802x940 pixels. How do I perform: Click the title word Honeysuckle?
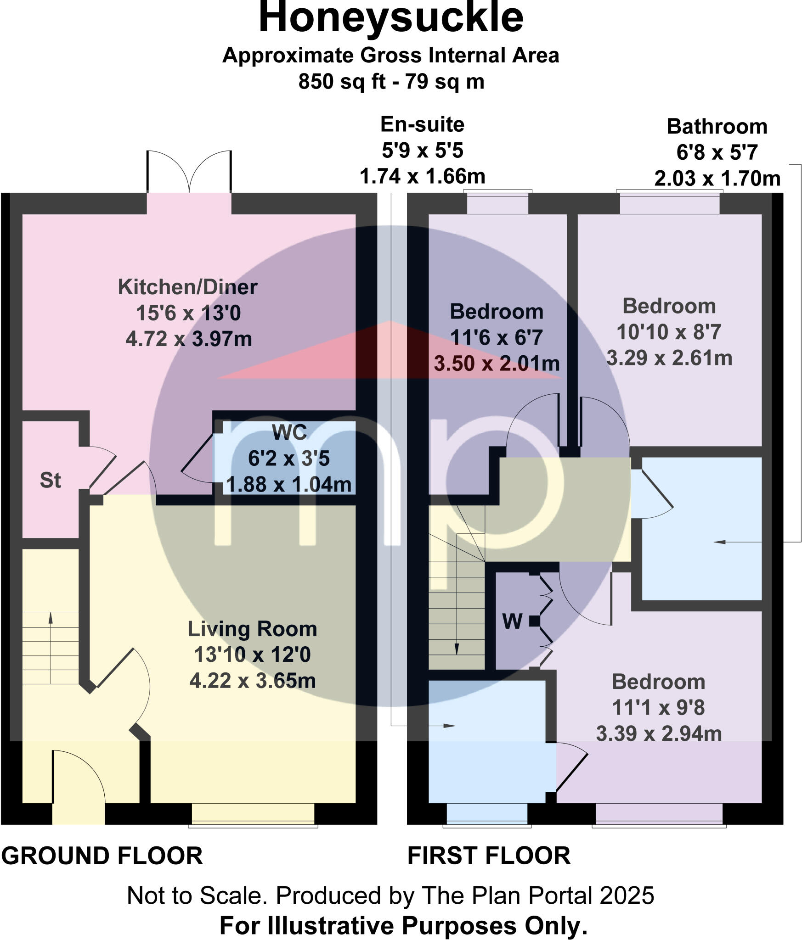[391, 18]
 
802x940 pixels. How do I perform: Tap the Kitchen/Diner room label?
[187, 287]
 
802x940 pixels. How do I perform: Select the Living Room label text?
[252, 629]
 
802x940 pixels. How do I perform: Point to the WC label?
[289, 432]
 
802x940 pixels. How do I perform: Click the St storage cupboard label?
[50, 481]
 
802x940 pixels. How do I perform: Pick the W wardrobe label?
[512, 622]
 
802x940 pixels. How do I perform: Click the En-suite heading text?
[422, 125]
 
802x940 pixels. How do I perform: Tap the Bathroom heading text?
[717, 127]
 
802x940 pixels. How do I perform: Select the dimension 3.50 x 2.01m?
[497, 364]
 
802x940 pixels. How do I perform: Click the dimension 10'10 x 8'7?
[669, 332]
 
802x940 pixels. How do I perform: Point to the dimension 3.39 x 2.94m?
[659, 734]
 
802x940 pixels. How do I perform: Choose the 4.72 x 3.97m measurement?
[188, 340]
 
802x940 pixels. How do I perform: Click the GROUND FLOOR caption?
[102, 856]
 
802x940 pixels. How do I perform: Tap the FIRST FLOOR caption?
[489, 856]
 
